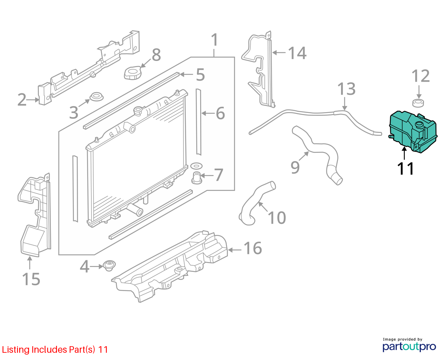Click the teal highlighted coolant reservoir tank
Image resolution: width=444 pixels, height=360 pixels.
pos(413,132)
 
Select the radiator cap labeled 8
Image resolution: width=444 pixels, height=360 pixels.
pos(133,73)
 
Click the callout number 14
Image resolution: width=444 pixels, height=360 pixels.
pos(297,53)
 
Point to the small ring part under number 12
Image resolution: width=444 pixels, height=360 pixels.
pos(418,103)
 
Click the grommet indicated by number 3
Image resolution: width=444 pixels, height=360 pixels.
pos(96,97)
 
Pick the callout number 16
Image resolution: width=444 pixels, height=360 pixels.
pos(252,248)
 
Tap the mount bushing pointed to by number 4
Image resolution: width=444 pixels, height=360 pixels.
pos(109,266)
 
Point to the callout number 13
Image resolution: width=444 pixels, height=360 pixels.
pos(346,89)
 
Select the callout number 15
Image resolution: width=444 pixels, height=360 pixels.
pos(31,279)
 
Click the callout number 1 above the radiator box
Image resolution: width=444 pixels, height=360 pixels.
pos(214,40)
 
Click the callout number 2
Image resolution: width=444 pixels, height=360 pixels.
pos(22,100)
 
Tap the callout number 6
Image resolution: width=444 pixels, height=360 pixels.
pos(220,113)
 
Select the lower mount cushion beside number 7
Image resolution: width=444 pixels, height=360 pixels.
pos(197,178)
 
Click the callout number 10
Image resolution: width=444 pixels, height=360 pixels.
pos(277,218)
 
